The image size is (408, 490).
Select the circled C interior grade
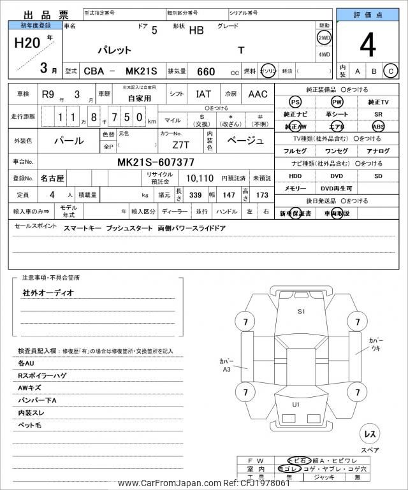point(391,71)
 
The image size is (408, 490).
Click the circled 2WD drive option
point(324,38)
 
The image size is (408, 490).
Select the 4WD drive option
point(324,55)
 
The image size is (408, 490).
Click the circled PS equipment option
point(295,102)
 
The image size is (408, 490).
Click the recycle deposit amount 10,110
point(200,179)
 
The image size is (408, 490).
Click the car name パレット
point(114,50)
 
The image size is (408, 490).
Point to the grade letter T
point(241,50)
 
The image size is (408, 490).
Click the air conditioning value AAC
point(258,94)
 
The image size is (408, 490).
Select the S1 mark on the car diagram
point(302,312)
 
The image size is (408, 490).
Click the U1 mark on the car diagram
point(296,405)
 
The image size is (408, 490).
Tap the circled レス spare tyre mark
point(369,433)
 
